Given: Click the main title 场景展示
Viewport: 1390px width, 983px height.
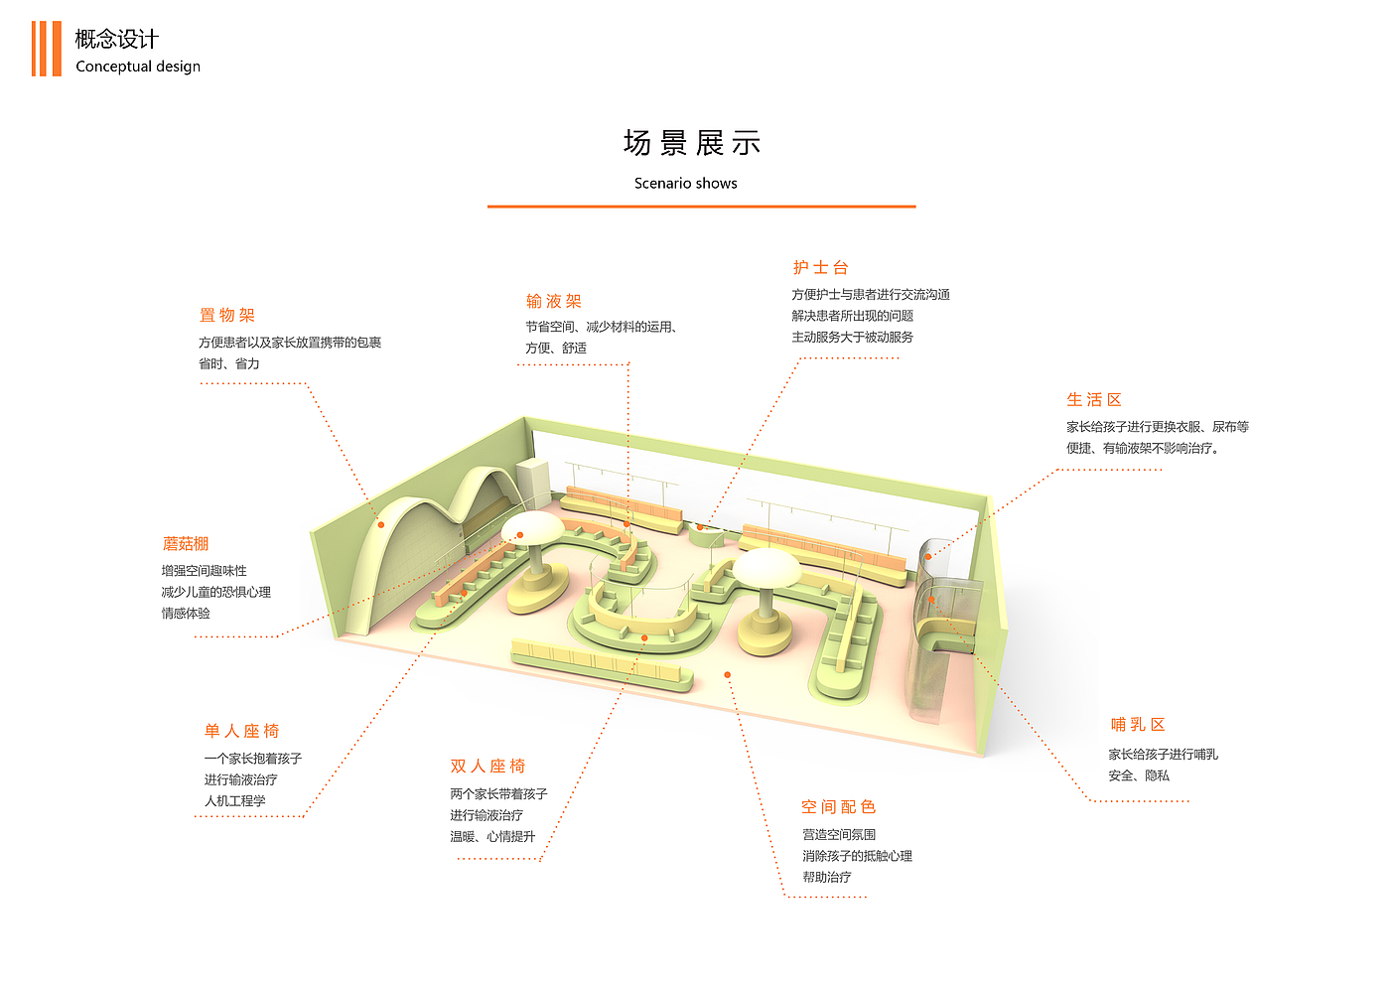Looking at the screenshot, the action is click(691, 143).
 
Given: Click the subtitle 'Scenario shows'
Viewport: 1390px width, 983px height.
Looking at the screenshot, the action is click(685, 184).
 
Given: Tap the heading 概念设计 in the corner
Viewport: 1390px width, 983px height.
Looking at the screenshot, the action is click(116, 39).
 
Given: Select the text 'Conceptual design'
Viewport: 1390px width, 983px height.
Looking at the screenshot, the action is click(138, 67).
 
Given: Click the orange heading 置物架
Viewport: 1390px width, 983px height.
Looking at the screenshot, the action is click(227, 316).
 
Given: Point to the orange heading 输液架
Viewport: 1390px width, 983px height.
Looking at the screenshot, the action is click(554, 302).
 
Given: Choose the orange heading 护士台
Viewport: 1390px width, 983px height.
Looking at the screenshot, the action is click(820, 268).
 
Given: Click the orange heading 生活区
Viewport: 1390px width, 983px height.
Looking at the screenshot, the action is click(1094, 400).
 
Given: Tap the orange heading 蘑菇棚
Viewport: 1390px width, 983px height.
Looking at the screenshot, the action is click(186, 544).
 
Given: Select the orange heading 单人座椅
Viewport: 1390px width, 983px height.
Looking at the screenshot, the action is click(241, 732).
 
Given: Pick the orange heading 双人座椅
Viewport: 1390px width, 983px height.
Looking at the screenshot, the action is click(487, 767).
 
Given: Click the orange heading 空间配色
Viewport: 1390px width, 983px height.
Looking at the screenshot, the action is click(838, 807).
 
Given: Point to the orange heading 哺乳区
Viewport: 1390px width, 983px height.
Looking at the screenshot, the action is click(1138, 725).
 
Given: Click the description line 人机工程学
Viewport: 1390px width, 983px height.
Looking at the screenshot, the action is click(235, 801).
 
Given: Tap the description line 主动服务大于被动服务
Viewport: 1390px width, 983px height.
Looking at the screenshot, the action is click(852, 338).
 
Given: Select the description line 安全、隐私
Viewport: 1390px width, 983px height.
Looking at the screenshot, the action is click(1139, 775).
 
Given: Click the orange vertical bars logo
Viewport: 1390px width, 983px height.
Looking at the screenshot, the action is click(46, 49).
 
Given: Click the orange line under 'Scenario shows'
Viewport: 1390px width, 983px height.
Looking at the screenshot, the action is click(701, 207).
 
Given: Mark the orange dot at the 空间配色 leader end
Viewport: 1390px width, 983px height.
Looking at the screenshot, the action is click(728, 675).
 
